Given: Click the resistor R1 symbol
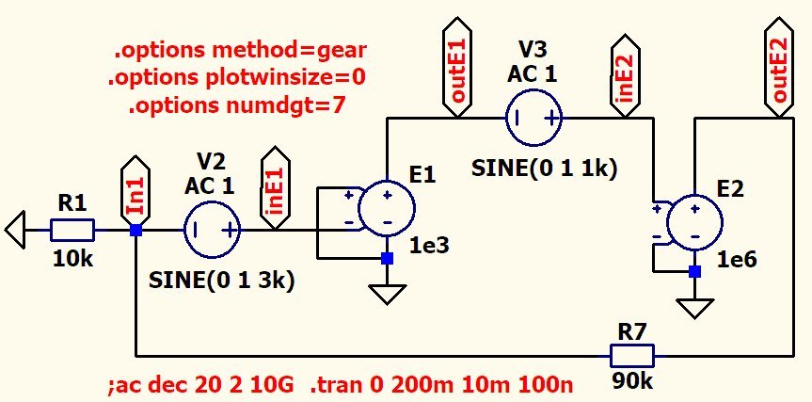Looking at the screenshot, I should tap(72, 230).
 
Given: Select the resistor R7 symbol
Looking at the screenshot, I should tap(632, 356).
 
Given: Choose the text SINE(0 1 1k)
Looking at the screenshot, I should tap(545, 169).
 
